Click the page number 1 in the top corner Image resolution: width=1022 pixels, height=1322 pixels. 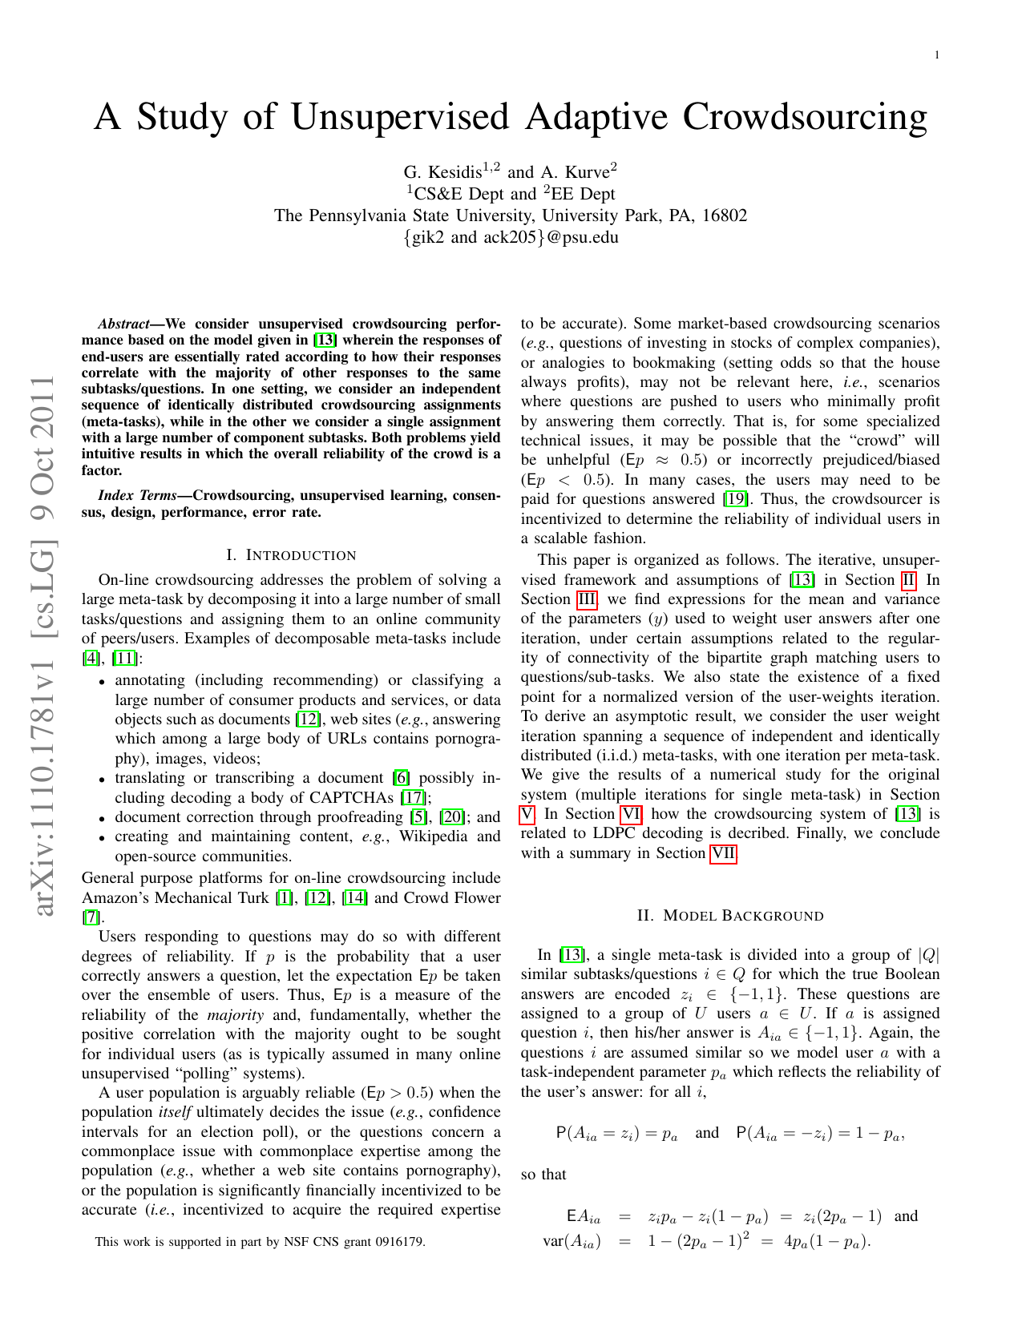pos(936,54)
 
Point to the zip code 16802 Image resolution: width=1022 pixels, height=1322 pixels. pos(725,216)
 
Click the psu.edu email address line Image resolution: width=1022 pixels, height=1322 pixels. pos(511,237)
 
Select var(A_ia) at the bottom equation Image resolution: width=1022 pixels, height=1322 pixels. pos(572,1243)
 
